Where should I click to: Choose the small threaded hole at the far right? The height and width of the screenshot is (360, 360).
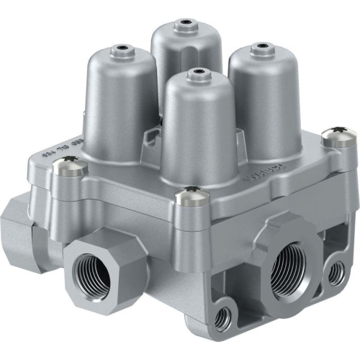point(336,273)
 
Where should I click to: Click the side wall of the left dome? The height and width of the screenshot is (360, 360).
point(115,108)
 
